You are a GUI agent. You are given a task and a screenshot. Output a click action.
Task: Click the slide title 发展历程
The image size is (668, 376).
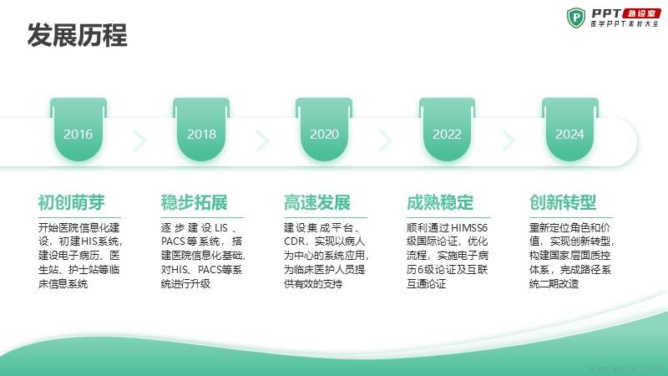pyautogui.click(x=77, y=35)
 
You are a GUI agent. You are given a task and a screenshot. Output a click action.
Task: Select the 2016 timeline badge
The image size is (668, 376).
pyautogui.click(x=78, y=130)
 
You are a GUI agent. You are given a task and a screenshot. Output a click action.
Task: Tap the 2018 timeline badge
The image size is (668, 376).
pyautogui.click(x=201, y=130)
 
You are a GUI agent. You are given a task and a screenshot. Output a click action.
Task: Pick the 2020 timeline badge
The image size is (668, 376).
pyautogui.click(x=324, y=130)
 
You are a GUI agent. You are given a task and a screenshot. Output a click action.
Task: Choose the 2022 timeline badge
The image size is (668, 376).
pyautogui.click(x=447, y=130)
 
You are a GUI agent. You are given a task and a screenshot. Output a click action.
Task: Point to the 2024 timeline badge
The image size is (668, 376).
pyautogui.click(x=570, y=130)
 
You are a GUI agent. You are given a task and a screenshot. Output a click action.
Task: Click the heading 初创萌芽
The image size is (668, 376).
pyautogui.click(x=71, y=202)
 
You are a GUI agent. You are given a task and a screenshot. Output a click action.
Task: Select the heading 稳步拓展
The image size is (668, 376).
pyautogui.click(x=195, y=202)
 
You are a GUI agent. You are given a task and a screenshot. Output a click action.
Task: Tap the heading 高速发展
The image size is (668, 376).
pyautogui.click(x=317, y=202)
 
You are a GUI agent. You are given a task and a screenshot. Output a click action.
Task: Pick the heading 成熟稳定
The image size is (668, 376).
pyautogui.click(x=440, y=202)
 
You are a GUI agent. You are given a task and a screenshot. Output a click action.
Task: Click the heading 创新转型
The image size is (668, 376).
pyautogui.click(x=563, y=202)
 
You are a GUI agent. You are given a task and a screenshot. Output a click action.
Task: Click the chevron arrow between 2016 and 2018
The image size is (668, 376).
pyautogui.click(x=139, y=140)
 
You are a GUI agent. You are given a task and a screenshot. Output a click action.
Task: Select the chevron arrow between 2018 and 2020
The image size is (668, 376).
pyautogui.click(x=262, y=140)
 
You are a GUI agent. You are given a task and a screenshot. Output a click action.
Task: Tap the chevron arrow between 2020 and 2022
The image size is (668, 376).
pyautogui.click(x=385, y=140)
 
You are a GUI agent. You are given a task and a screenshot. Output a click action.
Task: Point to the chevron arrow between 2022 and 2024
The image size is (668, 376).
pyautogui.click(x=508, y=140)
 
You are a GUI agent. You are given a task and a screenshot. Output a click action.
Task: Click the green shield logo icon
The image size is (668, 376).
pyautogui.click(x=576, y=18)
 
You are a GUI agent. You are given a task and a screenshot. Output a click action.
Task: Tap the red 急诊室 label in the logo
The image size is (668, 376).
pyautogui.click(x=641, y=13)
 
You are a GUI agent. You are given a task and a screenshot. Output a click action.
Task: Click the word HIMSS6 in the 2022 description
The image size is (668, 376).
pyautogui.click(x=468, y=227)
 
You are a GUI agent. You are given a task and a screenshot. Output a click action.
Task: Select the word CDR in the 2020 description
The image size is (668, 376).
pyautogui.click(x=294, y=241)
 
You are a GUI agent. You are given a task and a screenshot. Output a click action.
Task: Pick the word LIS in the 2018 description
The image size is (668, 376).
pyautogui.click(x=221, y=227)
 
